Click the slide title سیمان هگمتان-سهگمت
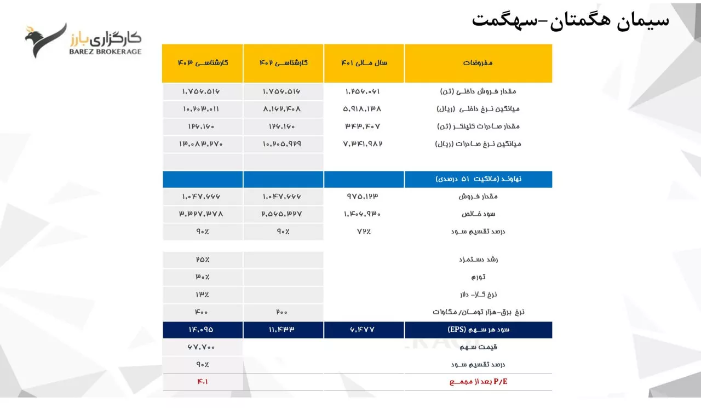click(570, 20)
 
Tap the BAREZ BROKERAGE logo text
click(105, 51)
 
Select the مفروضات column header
click(478, 63)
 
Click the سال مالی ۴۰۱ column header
click(364, 63)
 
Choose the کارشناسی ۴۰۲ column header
click(283, 63)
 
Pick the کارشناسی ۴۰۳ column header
click(203, 63)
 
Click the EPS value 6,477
click(364, 330)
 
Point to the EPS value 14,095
click(203, 330)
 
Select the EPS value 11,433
click(283, 330)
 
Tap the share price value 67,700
click(203, 347)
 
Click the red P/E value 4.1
click(203, 382)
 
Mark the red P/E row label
click(478, 382)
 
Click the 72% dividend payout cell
click(364, 232)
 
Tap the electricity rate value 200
click(283, 312)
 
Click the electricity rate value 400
click(203, 312)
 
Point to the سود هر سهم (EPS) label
click(478, 330)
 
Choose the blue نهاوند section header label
click(478, 179)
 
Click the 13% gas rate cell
click(203, 295)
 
